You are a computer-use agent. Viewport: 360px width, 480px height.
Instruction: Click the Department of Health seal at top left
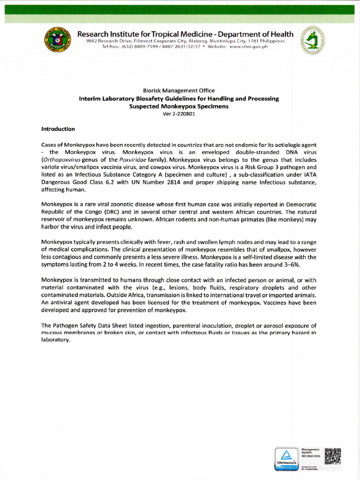[58, 42]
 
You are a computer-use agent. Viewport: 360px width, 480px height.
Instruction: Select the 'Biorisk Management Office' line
[179, 90]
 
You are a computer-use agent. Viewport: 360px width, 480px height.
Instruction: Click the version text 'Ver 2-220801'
[179, 113]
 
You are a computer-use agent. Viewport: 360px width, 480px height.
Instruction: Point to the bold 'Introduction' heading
[58, 129]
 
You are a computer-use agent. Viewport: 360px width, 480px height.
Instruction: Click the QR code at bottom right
[332, 457]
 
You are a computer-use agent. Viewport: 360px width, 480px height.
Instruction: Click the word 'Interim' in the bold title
[90, 98]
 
